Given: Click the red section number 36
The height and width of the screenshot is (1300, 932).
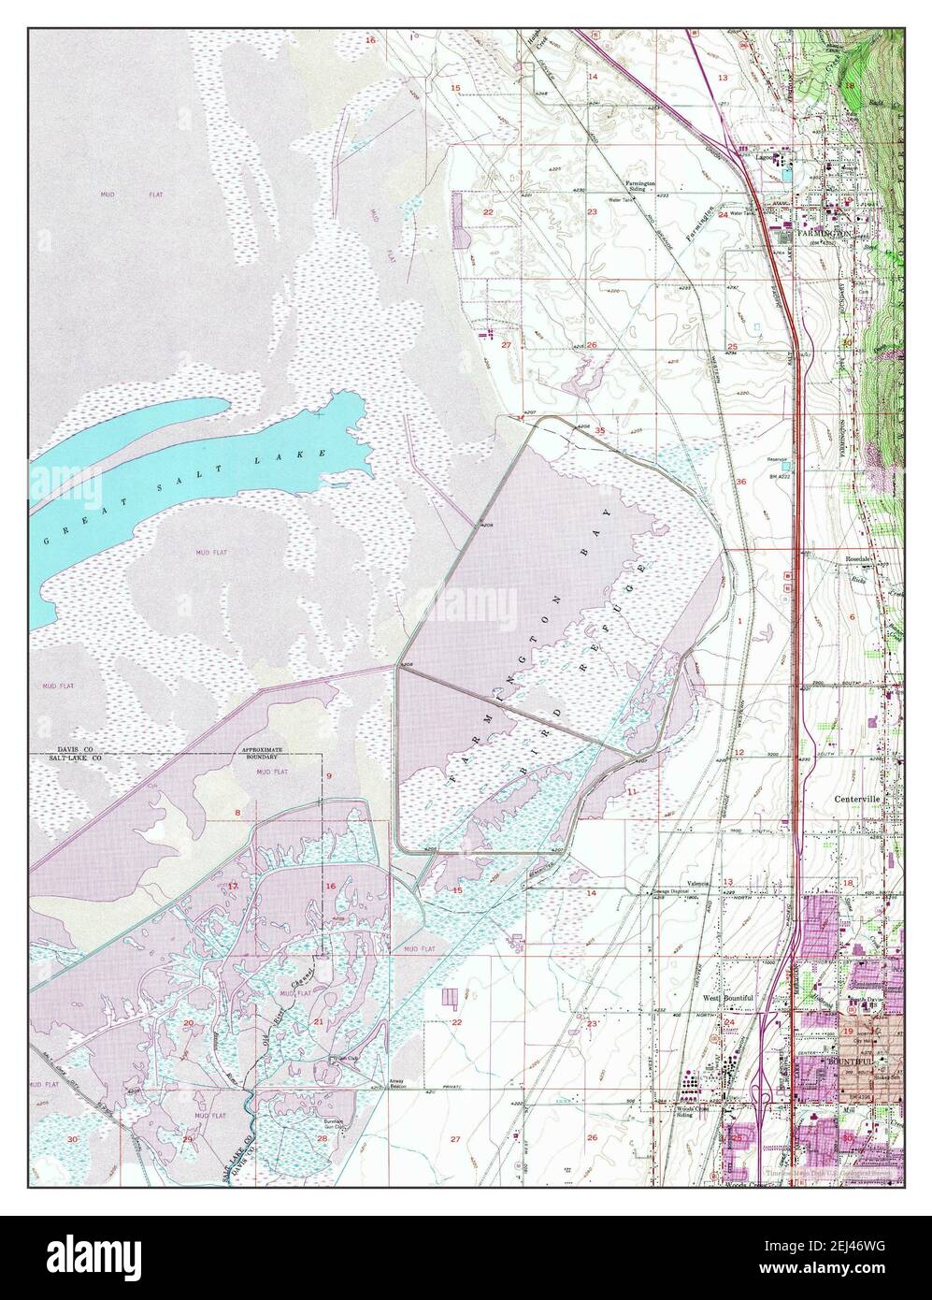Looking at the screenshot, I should click(740, 481).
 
